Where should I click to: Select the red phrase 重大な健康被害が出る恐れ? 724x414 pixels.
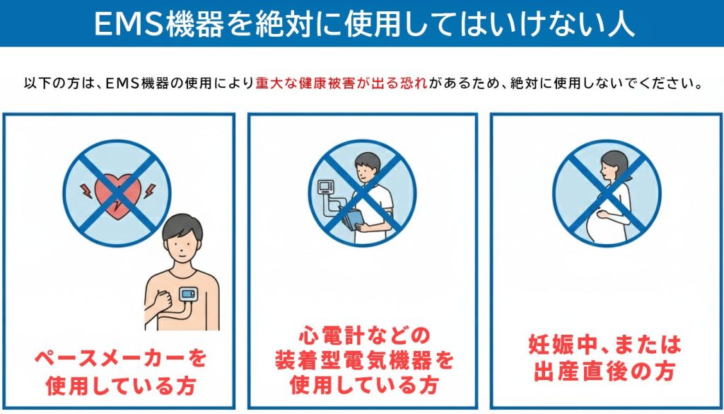(x=341, y=84)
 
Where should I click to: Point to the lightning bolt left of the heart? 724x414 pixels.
(x=83, y=188)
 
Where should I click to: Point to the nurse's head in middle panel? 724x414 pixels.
(x=368, y=166)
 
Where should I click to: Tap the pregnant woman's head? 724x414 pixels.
(x=612, y=167)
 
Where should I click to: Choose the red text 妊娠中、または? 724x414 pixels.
(x=605, y=345)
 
